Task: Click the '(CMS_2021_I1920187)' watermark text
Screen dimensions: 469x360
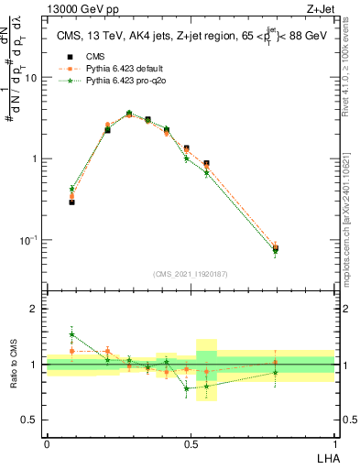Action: click(190, 274)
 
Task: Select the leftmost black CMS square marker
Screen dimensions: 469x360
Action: click(72, 202)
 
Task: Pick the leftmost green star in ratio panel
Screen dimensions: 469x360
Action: click(72, 334)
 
